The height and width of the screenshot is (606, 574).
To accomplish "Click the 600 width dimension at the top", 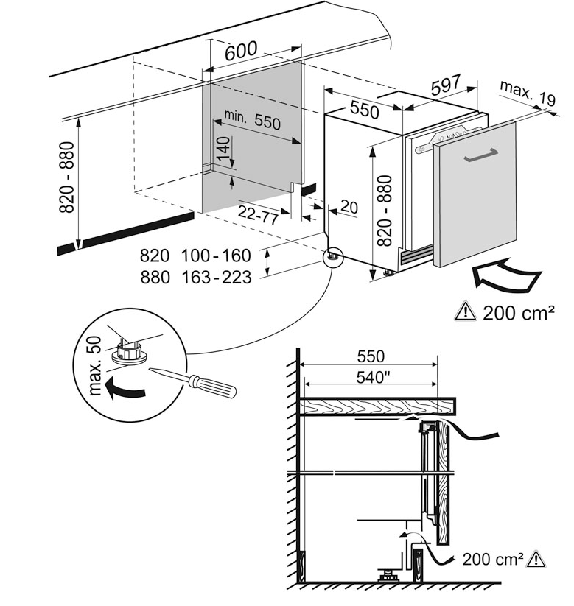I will (241, 51).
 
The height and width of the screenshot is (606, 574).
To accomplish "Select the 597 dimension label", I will (446, 85).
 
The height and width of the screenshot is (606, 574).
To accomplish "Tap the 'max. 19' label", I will (526, 93).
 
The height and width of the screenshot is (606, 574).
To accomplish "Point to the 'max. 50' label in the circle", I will (94, 366).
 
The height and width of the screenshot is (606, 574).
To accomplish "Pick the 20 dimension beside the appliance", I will (349, 208).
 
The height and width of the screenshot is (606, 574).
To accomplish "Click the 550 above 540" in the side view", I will (370, 357).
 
